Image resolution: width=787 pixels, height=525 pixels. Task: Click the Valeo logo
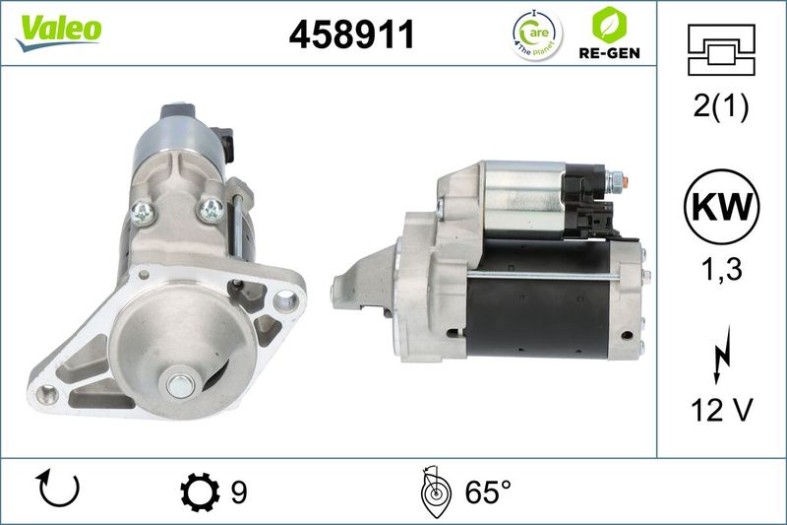click(58, 33)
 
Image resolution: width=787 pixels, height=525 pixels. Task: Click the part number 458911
click(352, 34)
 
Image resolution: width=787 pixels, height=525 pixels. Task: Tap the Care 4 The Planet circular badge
click(537, 34)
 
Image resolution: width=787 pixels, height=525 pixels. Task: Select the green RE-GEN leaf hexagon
click(609, 25)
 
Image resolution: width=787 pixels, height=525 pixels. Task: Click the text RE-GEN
click(609, 53)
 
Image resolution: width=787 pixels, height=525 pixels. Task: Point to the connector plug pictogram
click(721, 50)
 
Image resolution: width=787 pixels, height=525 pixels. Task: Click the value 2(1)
click(721, 106)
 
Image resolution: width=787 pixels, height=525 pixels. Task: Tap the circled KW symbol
click(721, 207)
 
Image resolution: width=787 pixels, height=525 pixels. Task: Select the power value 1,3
click(721, 270)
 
